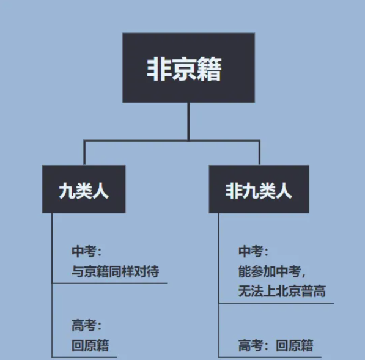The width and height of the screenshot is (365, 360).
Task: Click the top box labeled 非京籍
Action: point(188,68)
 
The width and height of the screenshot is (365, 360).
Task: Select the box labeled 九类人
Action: point(84,189)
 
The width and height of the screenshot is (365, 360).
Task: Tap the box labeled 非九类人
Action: point(259,189)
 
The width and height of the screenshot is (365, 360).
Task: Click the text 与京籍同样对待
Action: point(115,271)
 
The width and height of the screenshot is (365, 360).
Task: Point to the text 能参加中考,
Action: point(272,271)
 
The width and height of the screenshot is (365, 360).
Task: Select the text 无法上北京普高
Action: point(282,291)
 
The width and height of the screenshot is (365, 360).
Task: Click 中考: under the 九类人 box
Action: point(87,251)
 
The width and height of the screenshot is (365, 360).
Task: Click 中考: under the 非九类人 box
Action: point(254,251)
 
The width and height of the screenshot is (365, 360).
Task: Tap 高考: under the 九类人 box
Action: point(87,325)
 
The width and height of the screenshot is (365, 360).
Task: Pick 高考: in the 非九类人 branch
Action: point(254,345)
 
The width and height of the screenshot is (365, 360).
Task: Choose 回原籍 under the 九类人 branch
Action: point(90,345)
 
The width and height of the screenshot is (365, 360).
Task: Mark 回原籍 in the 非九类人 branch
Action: point(295,345)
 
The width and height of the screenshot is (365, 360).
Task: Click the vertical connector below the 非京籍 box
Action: point(188,122)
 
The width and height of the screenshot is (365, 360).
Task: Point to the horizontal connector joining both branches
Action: point(172,141)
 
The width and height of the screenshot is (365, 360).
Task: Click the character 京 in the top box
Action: point(184,69)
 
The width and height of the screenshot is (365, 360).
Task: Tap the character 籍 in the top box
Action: point(208,69)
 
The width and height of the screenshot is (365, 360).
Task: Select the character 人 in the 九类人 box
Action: point(100,191)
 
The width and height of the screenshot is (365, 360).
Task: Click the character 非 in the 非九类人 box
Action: point(234,191)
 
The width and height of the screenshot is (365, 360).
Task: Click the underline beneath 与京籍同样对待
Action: point(109,284)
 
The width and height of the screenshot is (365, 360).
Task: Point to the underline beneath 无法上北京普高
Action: point(276,303)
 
